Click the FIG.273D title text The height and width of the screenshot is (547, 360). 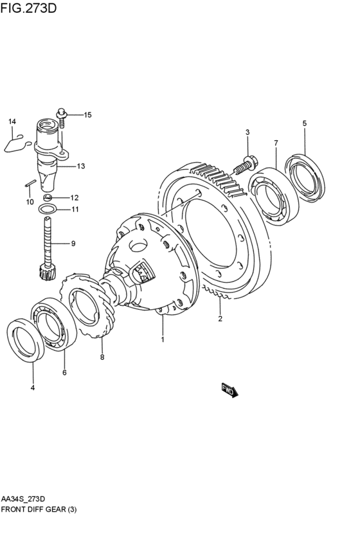[28, 8]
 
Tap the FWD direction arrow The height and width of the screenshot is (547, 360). [230, 390]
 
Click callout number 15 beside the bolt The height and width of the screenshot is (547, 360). [87, 115]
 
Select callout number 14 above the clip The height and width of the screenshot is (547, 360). [12, 121]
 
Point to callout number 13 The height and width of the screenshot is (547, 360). [81, 166]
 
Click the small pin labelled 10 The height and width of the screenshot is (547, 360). [30, 183]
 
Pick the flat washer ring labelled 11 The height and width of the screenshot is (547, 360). [48, 210]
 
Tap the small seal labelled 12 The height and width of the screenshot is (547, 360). [48, 197]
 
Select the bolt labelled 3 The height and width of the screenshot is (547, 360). [245, 165]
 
